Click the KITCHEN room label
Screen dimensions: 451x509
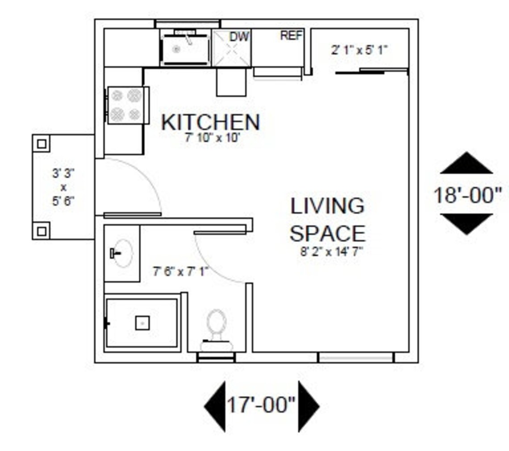coord(210,122)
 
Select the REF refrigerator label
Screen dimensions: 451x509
coord(291,36)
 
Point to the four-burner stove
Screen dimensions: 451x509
coord(126,105)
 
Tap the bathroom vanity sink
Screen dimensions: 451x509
coord(121,253)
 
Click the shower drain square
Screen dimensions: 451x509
coord(142,323)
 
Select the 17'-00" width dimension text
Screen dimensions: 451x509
coord(261,405)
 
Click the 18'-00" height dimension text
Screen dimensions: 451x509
coord(467,195)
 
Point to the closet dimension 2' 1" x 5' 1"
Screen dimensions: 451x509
coord(359,50)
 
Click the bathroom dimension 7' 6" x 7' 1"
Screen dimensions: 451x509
coord(181,271)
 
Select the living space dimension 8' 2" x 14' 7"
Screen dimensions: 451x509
coord(331,251)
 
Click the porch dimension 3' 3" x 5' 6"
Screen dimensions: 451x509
coord(63,187)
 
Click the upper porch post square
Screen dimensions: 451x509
coord(42,144)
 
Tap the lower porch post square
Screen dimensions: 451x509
coord(42,231)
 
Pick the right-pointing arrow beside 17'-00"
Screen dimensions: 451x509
coord(308,406)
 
